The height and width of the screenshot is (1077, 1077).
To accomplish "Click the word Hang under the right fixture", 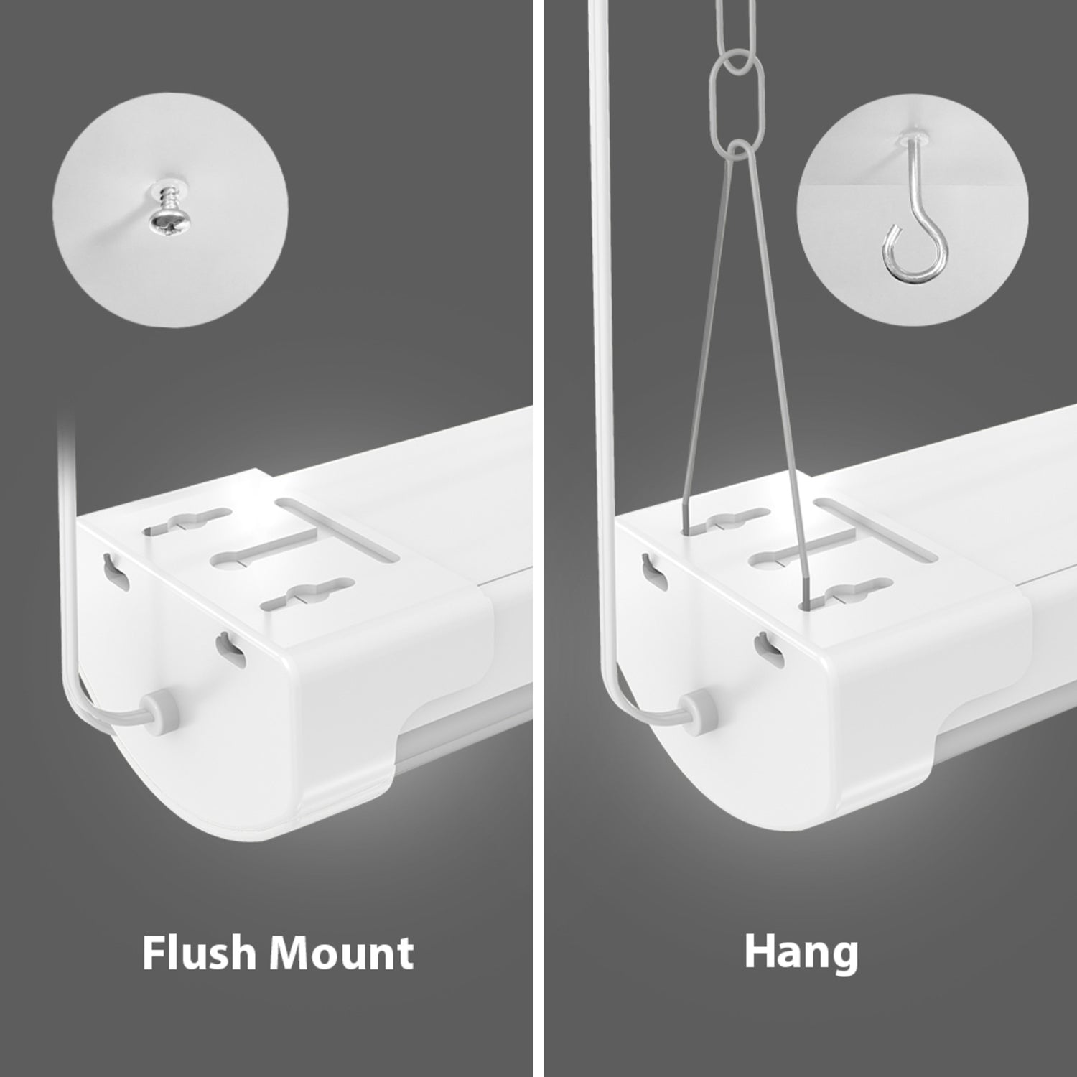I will point(801,953).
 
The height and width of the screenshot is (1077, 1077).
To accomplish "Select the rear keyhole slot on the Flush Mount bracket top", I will point(188,522).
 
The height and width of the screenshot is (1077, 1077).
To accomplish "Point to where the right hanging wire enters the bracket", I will point(806,602).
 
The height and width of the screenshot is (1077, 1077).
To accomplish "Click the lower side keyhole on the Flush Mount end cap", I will point(232,646).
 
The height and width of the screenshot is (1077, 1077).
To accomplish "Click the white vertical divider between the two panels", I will point(535,538).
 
